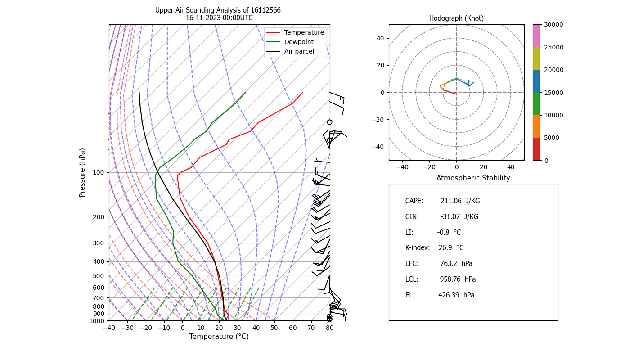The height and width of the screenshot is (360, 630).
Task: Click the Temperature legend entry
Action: pyautogui.click(x=304, y=32)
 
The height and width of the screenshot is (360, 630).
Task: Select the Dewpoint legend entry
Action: pyautogui.click(x=299, y=42)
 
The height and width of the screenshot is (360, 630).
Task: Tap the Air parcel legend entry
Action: pyautogui.click(x=299, y=51)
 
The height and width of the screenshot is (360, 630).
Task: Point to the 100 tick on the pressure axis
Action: pyautogui.click(x=99, y=172)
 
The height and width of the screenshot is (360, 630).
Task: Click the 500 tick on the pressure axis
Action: pyautogui.click(x=99, y=276)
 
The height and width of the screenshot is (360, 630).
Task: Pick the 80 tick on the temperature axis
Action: pyautogui.click(x=330, y=328)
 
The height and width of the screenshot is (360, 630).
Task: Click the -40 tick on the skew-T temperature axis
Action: pyautogui.click(x=109, y=328)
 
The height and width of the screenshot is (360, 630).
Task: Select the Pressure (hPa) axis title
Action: pyautogui.click(x=82, y=172)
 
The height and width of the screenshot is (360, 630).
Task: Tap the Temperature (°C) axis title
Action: pyautogui.click(x=219, y=337)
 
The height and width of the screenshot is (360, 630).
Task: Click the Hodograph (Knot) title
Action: pyautogui.click(x=456, y=18)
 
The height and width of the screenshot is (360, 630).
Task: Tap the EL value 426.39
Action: pyautogui.click(x=450, y=295)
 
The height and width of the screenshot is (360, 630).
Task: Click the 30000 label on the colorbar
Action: pyautogui.click(x=553, y=24)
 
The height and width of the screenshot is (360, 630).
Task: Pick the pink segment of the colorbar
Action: pyautogui.click(x=536, y=36)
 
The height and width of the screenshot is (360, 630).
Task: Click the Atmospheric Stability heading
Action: pyautogui.click(x=473, y=178)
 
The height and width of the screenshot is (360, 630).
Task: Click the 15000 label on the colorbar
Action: pyautogui.click(x=553, y=92)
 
